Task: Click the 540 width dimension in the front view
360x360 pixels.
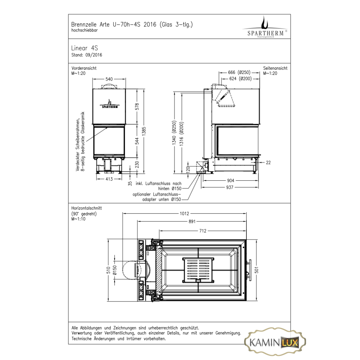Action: click(109, 79)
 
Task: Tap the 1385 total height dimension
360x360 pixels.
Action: click(144, 131)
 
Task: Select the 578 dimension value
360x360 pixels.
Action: click(137, 107)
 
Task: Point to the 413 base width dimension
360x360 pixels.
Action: click(109, 179)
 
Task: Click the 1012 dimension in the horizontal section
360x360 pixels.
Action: click(184, 214)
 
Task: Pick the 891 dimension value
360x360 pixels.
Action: click(192, 222)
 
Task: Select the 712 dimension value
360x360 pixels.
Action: click(203, 231)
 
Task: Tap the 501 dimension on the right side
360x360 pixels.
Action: click(257, 270)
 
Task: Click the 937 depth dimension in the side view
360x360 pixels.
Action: click(230, 188)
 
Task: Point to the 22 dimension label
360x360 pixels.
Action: click(268, 163)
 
